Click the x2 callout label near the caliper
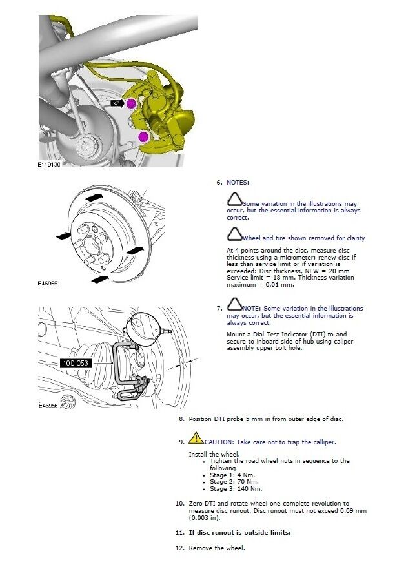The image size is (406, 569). coord(116,103)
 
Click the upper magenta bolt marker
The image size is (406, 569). coord(131,103)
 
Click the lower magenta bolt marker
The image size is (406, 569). coord(143,136)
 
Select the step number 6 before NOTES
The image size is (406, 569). coord(219,183)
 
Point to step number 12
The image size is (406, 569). coord(180,548)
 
